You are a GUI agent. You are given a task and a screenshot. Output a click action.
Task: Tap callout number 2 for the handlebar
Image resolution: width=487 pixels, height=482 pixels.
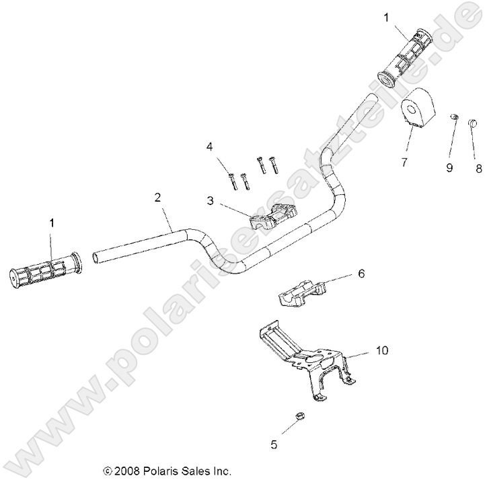(x=157, y=197)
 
